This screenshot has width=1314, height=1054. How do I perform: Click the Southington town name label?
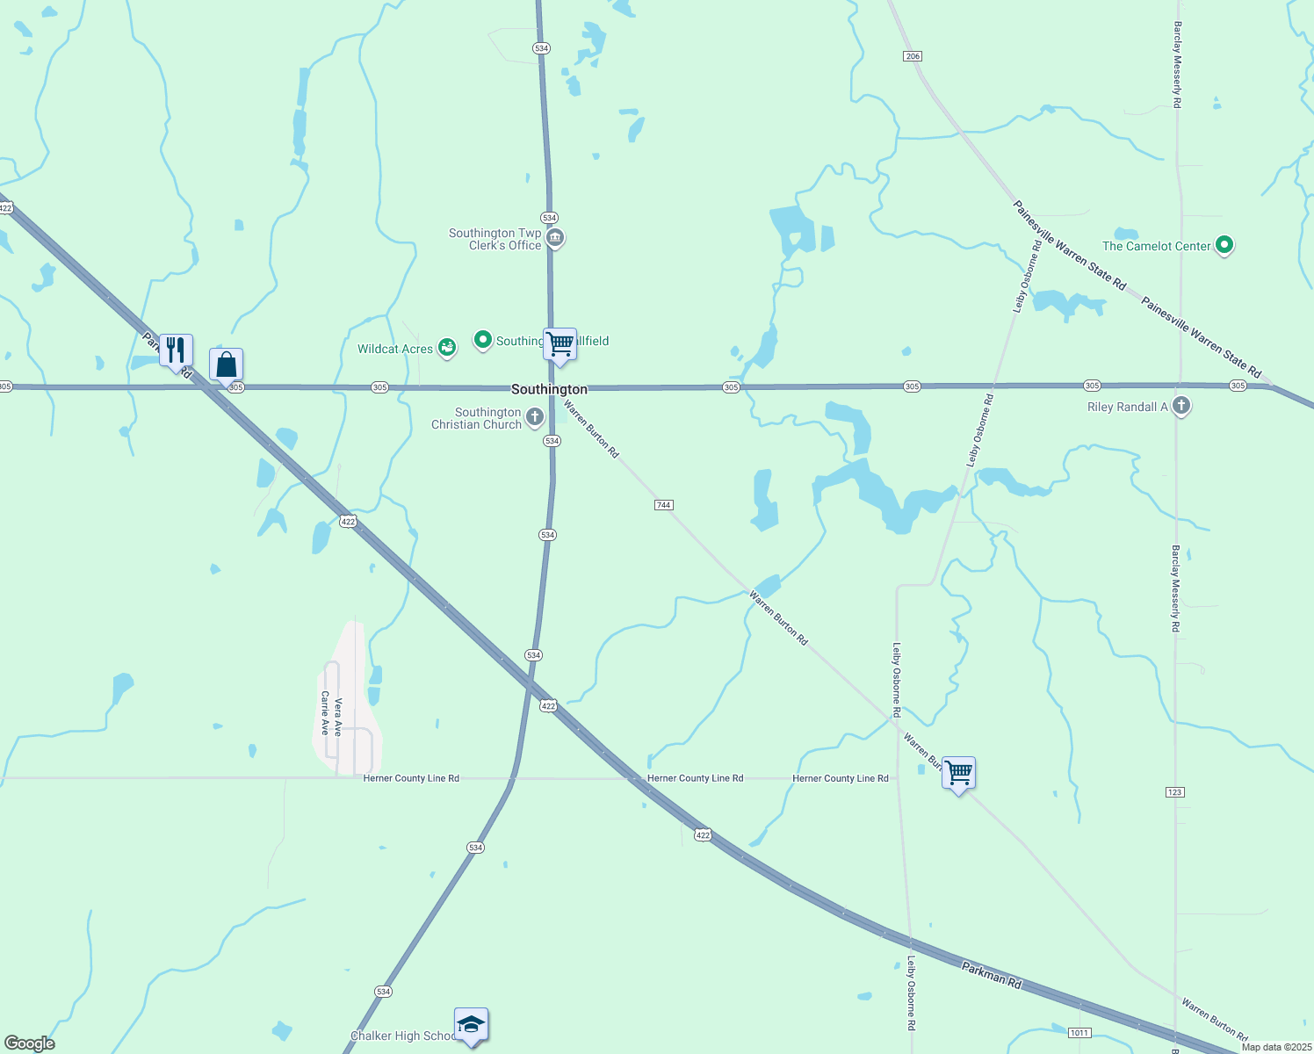[x=549, y=389]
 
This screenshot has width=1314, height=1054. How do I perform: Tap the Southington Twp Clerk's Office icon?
[x=555, y=238]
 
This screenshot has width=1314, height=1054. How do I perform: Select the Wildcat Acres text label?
[x=395, y=349]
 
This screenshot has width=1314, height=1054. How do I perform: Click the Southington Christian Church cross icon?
[x=534, y=417]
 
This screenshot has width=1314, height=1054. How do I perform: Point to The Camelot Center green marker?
[x=1224, y=245]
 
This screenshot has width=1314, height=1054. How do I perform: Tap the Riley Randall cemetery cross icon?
[x=1181, y=406]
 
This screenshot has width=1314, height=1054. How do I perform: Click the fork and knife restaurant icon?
[x=176, y=350]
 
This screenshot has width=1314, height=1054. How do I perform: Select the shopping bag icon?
[x=226, y=364]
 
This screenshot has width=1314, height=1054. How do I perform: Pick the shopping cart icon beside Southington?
[x=560, y=343]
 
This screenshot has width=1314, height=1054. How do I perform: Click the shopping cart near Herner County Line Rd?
[x=958, y=773]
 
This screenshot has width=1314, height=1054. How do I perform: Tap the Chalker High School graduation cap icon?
[x=471, y=1024]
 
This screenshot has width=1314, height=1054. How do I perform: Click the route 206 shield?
[x=912, y=56]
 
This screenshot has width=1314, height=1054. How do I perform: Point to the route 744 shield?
[x=663, y=505]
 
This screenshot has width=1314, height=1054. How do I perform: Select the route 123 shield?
[x=1175, y=792]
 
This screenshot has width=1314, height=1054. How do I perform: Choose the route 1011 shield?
[x=1079, y=1033]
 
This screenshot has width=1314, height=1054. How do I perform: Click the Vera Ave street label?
[x=338, y=716]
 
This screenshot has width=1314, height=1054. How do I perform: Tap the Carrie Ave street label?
[x=325, y=713]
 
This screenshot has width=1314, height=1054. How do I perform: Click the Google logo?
[x=30, y=1043]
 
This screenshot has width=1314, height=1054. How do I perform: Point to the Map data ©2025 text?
[x=1275, y=1047]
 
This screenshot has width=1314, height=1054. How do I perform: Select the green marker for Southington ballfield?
[x=482, y=339]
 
